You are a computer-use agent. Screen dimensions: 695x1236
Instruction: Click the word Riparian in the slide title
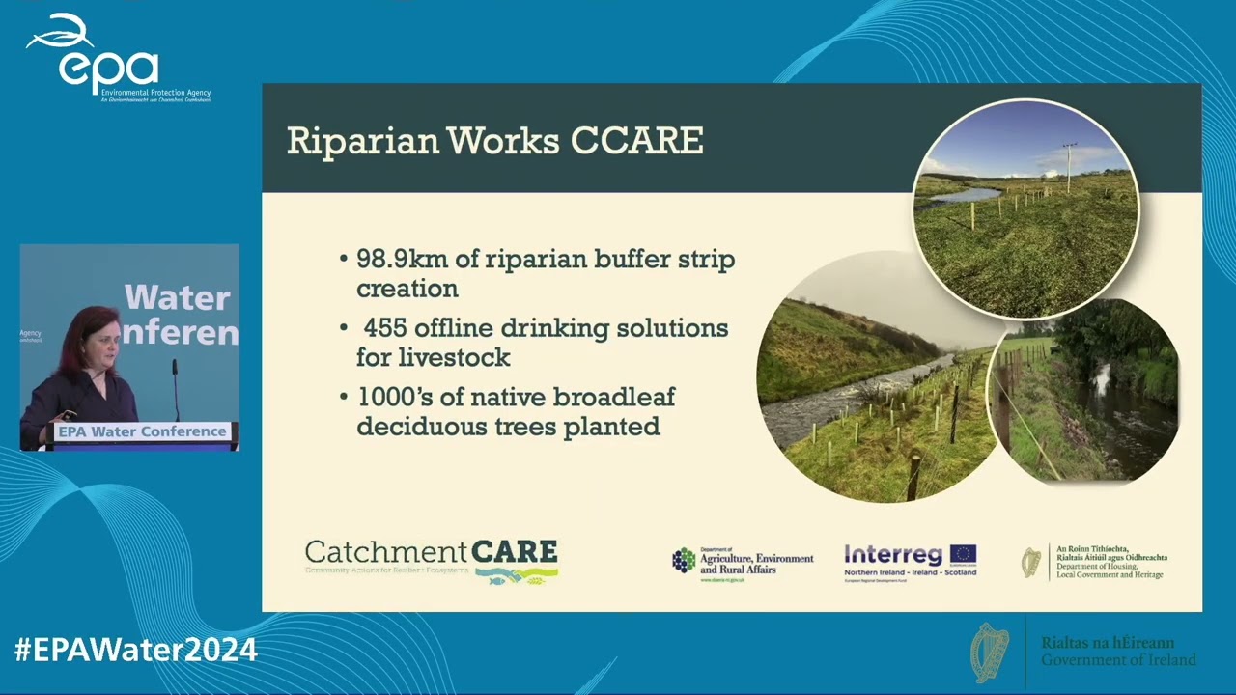[359, 141]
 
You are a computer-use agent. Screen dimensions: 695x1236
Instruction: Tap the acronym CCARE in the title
[636, 141]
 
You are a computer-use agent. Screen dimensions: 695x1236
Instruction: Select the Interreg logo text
[893, 555]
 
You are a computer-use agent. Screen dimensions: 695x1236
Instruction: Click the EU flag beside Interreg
[963, 554]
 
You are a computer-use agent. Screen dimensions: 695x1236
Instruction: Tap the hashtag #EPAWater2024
[135, 650]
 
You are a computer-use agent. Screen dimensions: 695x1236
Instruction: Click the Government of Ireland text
[1118, 660]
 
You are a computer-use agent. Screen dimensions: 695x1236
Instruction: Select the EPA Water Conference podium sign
[142, 431]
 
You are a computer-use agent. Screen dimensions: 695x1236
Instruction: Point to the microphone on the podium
[175, 367]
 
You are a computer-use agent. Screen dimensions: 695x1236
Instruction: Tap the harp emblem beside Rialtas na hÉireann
[990, 653]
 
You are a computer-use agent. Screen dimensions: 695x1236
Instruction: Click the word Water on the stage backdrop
[177, 297]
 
